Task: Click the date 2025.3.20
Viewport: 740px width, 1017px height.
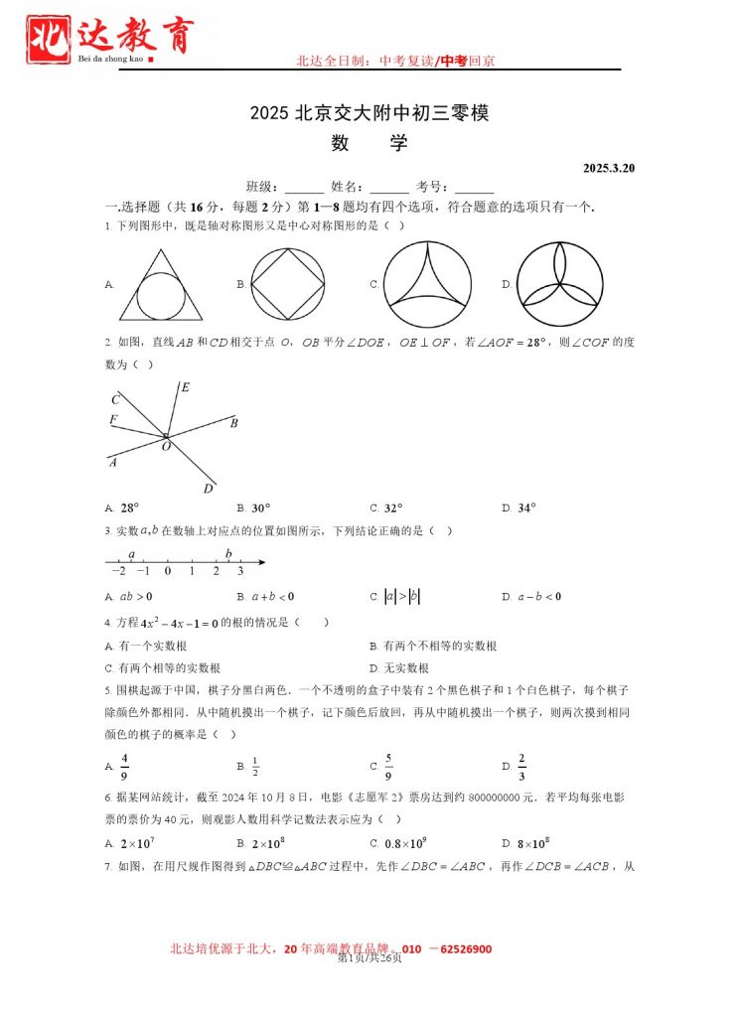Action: click(608, 168)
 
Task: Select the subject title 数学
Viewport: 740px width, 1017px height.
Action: click(370, 143)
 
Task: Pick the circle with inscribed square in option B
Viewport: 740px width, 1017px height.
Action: click(288, 284)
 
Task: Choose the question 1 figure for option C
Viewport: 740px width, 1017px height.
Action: click(427, 284)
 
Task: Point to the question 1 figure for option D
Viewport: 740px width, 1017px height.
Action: click(559, 284)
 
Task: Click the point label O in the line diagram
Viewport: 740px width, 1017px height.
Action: click(166, 447)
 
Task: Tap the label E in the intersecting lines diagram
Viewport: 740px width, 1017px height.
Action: click(185, 387)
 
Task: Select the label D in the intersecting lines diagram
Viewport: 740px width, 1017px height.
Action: click(208, 489)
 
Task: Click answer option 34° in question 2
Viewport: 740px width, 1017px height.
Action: click(526, 508)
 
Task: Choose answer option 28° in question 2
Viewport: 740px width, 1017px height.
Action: click(130, 508)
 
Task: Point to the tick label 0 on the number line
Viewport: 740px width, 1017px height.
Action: click(167, 572)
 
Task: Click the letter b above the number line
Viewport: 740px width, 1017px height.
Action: click(228, 553)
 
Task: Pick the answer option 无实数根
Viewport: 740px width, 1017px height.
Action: click(405, 668)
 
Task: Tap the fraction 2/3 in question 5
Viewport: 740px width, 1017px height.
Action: click(521, 767)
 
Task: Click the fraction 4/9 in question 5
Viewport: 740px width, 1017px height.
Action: click(125, 767)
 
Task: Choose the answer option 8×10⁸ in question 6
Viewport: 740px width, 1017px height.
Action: click(534, 844)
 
